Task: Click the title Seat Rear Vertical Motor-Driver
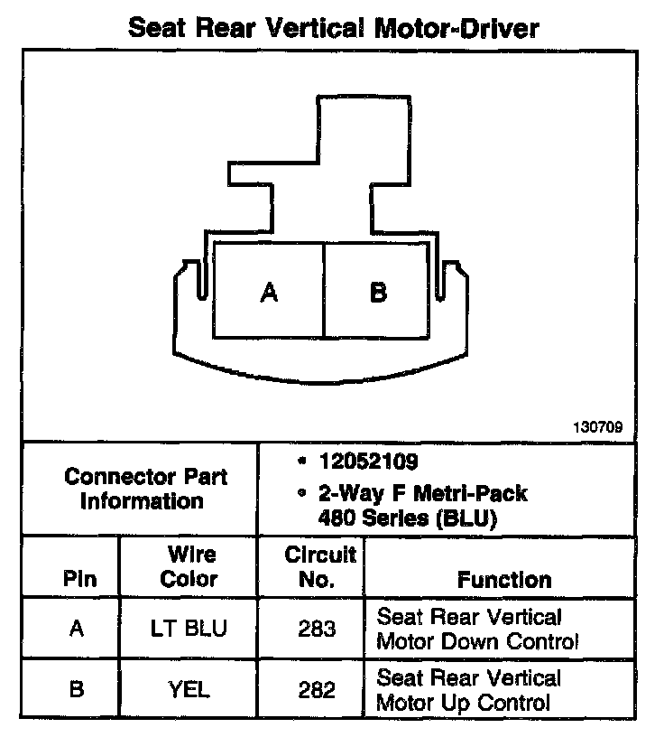333,27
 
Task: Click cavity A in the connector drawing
268,292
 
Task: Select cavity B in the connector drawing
379,292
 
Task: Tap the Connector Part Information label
142,488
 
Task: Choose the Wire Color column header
189,566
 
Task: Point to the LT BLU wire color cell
189,629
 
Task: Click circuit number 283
317,629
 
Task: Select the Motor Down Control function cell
475,630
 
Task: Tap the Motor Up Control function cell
468,690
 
